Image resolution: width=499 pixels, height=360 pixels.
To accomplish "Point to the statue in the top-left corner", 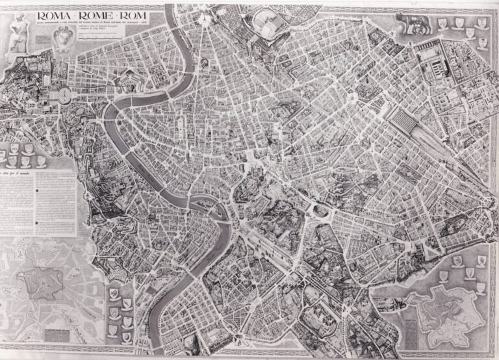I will click(18, 32).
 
